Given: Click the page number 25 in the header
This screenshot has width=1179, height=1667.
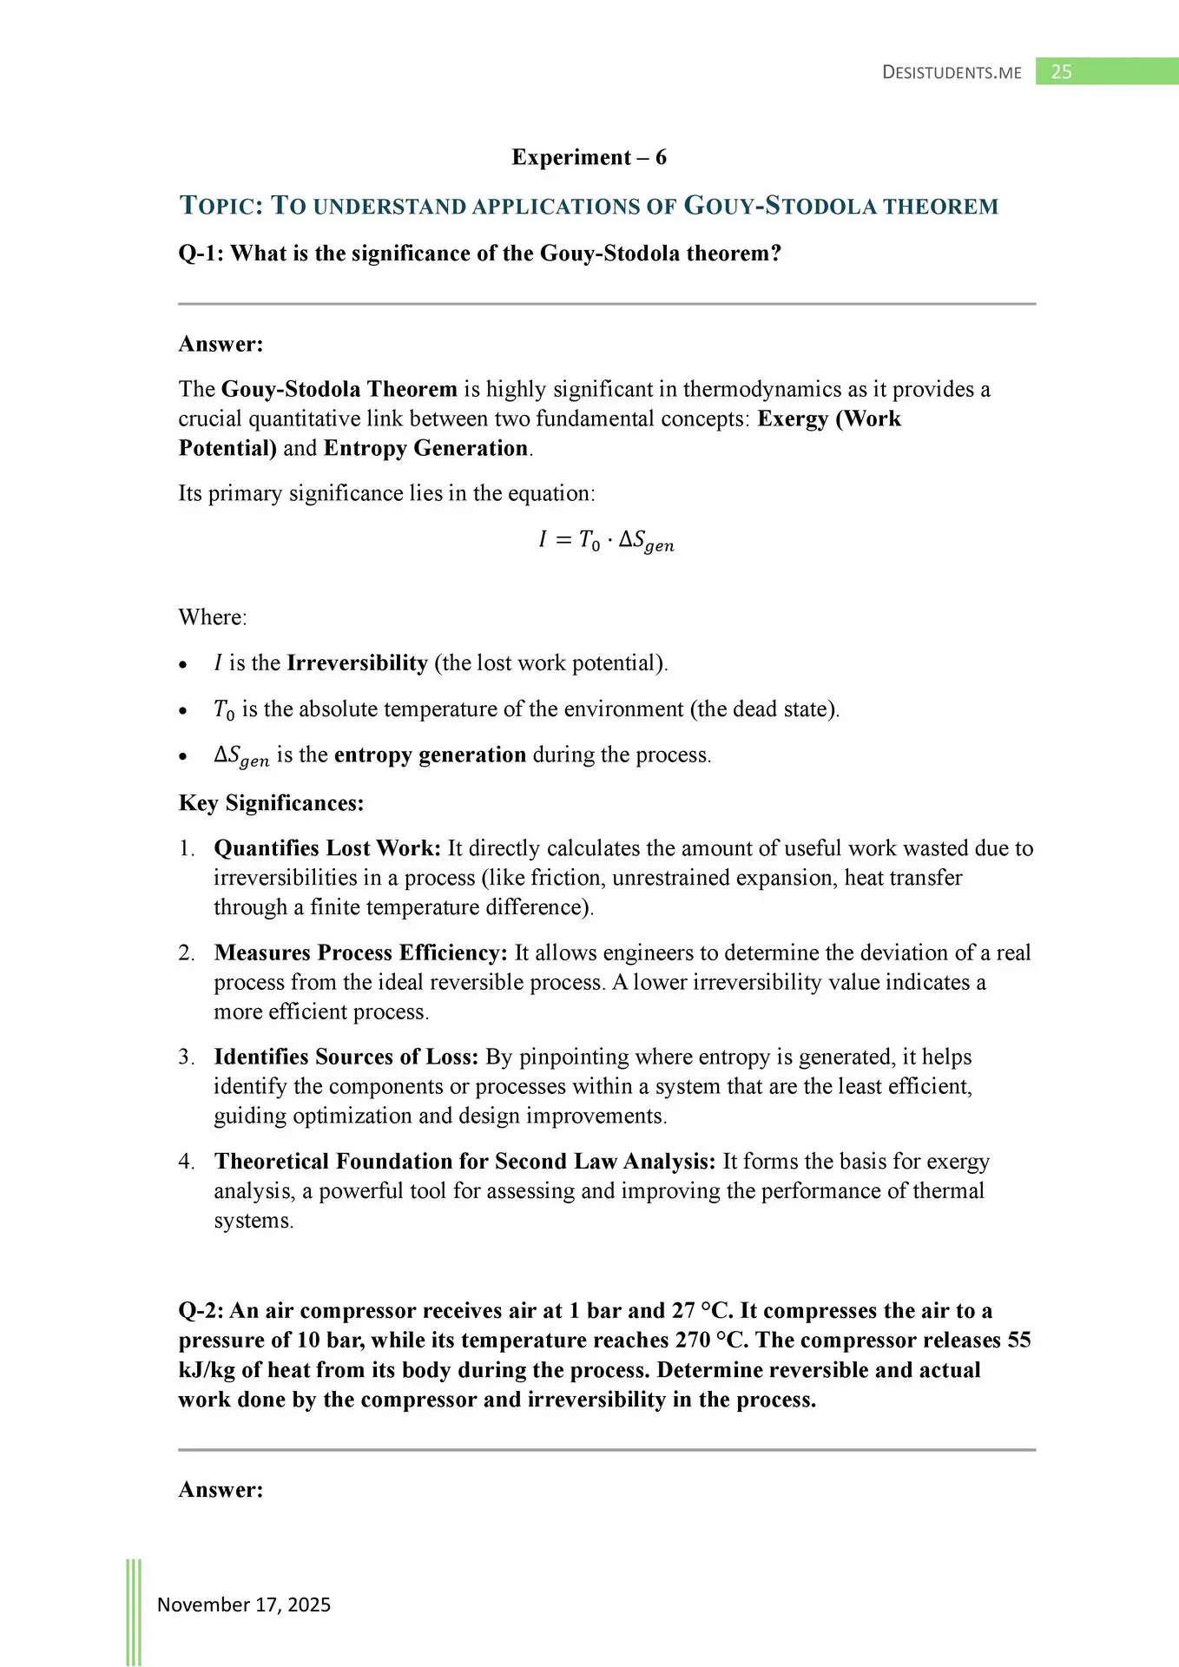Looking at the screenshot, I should point(1061,72).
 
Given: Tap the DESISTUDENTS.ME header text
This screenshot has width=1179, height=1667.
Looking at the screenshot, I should point(952,73).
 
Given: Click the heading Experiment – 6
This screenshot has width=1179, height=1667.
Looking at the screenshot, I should point(589,157).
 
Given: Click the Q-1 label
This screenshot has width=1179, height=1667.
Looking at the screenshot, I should point(201,254).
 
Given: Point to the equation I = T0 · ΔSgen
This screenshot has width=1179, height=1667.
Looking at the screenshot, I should point(605,541).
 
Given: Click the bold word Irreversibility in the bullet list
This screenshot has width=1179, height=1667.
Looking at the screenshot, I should point(357,663).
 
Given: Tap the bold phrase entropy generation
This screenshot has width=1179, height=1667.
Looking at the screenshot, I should point(430,754).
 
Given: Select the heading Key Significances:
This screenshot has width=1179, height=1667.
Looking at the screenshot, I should point(271,803).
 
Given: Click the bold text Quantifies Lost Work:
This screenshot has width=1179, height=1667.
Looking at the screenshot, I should point(327,848).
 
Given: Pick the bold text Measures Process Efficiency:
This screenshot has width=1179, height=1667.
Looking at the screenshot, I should point(360,952).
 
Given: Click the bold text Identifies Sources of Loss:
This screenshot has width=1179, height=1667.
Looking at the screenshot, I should point(346,1057).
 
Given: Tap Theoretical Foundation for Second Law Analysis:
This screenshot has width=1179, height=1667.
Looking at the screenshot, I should point(464,1162).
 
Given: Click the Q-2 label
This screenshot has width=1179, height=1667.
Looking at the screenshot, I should point(201,1310).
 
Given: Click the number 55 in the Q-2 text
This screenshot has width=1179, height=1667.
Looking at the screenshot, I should point(1018,1340).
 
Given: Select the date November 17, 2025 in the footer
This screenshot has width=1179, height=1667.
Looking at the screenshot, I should point(244,1604).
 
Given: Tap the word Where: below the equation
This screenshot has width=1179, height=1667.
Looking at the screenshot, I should point(213,617).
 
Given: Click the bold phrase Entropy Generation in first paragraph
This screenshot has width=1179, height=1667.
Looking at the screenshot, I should point(425,448).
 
